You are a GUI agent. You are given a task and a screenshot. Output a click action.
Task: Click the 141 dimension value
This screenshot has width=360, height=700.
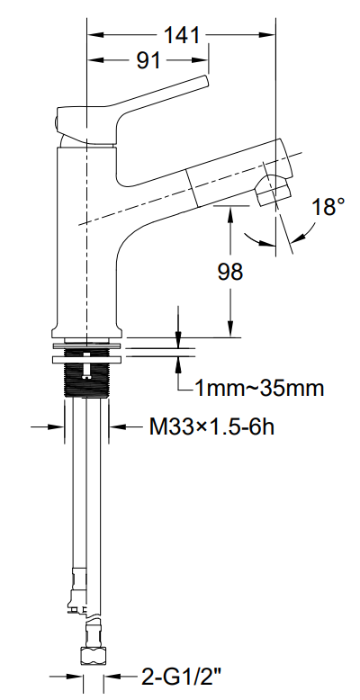click(181, 35)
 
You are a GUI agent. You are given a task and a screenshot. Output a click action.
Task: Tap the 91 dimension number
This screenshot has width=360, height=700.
click(148, 60)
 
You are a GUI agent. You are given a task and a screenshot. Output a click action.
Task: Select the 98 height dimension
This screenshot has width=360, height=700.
click(230, 272)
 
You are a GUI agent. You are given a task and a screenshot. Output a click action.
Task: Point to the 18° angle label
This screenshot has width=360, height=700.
click(328, 207)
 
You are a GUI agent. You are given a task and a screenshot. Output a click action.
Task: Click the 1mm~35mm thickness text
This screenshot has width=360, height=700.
click(259, 389)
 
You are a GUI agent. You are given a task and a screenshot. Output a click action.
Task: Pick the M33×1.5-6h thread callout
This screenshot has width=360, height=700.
click(211, 427)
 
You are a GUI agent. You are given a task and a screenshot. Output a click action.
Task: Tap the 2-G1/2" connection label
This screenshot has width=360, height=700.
click(181, 677)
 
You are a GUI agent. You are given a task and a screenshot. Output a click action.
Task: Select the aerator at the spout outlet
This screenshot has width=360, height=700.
click(273, 191)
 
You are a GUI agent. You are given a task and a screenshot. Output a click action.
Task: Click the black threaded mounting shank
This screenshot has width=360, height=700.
click(87, 373)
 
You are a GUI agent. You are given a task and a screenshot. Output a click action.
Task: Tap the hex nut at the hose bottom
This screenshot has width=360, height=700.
click(94, 656)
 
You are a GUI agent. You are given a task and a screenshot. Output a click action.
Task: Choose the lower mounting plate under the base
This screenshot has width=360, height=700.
click(87, 359)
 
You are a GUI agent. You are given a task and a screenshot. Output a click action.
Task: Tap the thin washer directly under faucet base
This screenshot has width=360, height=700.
click(87, 346)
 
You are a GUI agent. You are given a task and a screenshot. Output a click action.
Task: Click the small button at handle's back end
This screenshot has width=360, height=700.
click(57, 121)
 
